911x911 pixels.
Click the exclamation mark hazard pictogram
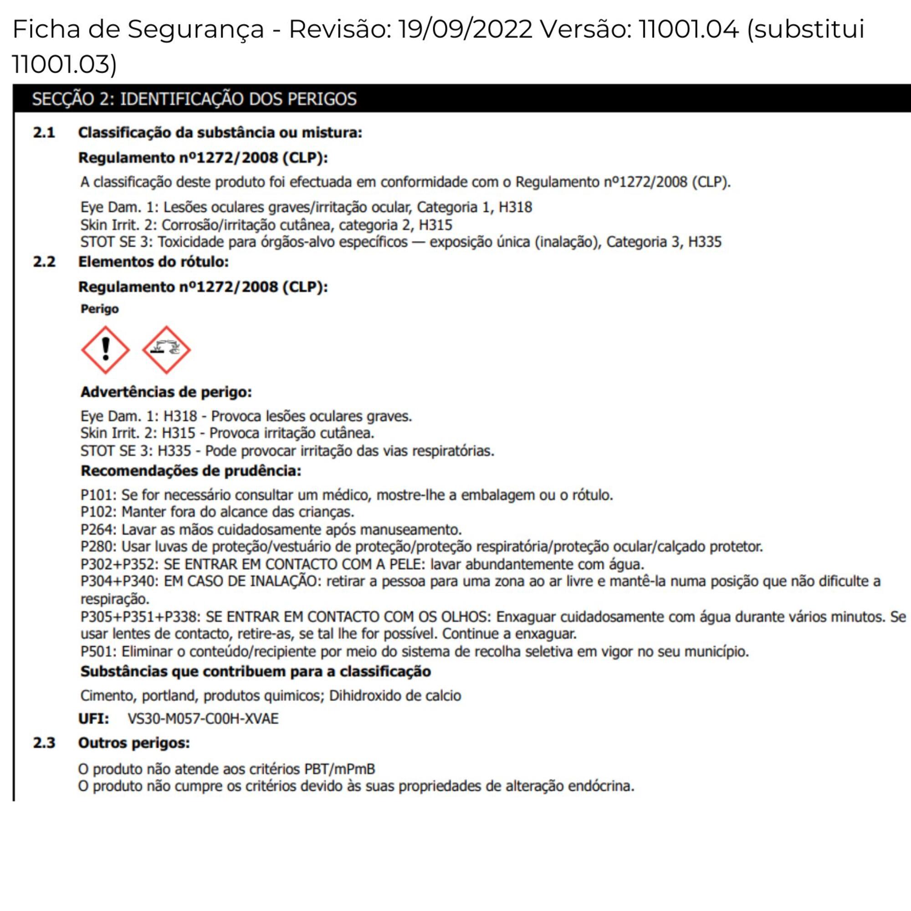pos(105,350)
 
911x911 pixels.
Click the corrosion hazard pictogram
pos(166,350)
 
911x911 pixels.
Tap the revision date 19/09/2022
pos(465,29)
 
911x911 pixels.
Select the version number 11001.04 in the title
pos(688,29)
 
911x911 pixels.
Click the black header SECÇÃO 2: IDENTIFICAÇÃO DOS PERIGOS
pos(194,99)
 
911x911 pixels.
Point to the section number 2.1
pos(44,133)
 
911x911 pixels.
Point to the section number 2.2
pos(44,262)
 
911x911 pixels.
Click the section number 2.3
pos(44,742)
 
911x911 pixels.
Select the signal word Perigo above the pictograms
pos(99,309)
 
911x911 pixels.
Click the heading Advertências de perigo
pos(166,392)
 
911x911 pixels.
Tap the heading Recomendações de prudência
pos(190,471)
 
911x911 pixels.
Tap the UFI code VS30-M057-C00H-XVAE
pos(203,719)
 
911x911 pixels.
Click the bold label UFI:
pos(93,719)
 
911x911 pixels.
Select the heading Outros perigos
pos(134,742)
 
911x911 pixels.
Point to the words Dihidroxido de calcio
pos(394,696)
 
